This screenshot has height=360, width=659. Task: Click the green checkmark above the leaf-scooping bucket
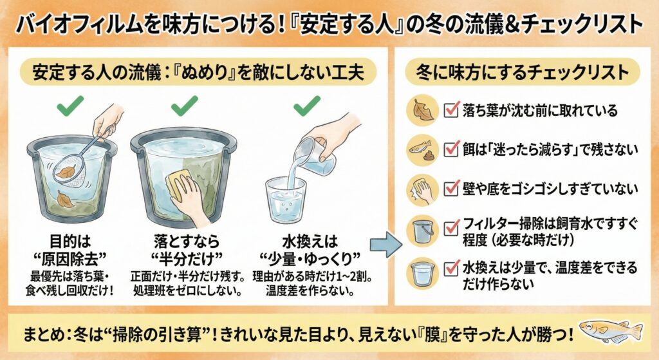pos(70,106)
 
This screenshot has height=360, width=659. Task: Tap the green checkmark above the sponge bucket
pos(184,106)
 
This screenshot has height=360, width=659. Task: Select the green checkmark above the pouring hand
pos(307,106)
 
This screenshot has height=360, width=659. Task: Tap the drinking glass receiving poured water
pos(286,200)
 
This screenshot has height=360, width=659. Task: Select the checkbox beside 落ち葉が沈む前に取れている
pos(451,109)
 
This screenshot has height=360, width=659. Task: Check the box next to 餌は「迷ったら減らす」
pos(451,149)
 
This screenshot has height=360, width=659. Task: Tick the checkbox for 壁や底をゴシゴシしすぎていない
pos(451,188)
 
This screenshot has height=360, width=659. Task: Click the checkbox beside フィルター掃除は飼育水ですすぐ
pos(451,228)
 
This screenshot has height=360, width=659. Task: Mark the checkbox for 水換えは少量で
pos(451,267)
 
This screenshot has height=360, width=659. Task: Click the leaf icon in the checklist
pos(422,110)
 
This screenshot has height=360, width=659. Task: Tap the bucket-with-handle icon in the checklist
pos(423,231)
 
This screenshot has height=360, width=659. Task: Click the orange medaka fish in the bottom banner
pos(611,330)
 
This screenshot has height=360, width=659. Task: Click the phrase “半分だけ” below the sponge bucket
pos(187,258)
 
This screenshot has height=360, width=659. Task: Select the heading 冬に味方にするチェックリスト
pos(522,72)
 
